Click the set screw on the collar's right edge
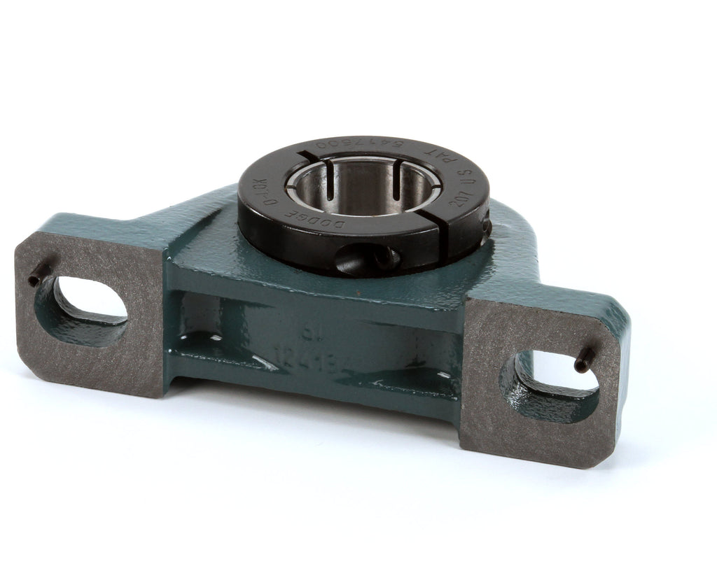(485, 227)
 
